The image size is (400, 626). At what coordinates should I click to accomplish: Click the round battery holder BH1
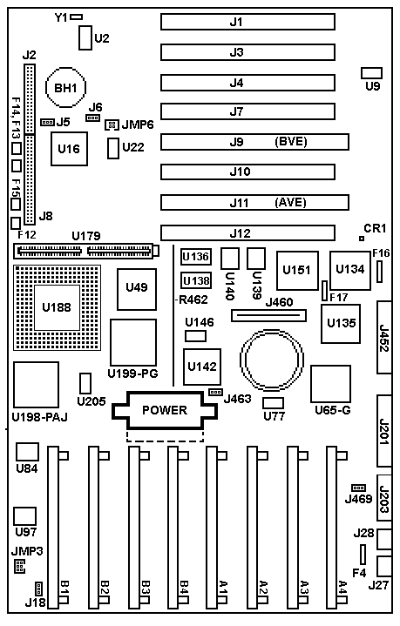tap(65, 87)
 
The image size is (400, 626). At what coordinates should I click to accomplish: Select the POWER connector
tap(165, 410)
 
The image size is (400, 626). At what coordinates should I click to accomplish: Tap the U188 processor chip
tap(57, 307)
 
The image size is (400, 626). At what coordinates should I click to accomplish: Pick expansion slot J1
tap(247, 22)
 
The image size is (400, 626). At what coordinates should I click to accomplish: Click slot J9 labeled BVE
tap(254, 142)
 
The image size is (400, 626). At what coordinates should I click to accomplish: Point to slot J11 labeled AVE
tap(254, 202)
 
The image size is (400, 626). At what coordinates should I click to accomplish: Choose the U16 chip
tap(69, 149)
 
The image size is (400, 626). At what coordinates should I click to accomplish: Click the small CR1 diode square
tap(362, 239)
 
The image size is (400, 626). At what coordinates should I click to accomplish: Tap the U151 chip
tap(297, 271)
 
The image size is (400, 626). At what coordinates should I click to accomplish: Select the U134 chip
tap(350, 271)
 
